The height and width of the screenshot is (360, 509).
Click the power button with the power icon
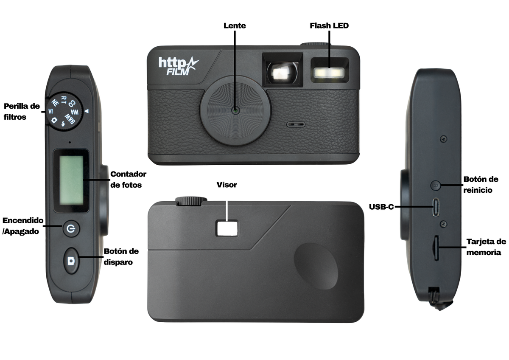coord(71,228)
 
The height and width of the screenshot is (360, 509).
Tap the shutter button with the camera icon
coord(71,261)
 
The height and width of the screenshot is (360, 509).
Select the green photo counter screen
coord(71,180)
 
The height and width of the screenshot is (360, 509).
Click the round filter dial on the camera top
coord(64,111)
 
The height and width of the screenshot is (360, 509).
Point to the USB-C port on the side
coord(436,207)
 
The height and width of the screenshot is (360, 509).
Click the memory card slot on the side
coord(436,248)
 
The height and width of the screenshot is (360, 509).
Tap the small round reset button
coord(436,185)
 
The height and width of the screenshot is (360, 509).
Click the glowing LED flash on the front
coord(329,73)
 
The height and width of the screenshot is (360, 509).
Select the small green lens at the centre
coord(235,111)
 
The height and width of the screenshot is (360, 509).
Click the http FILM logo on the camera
coord(179,66)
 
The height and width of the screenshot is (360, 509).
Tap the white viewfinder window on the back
coord(227,228)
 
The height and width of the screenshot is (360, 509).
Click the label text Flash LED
coord(329,26)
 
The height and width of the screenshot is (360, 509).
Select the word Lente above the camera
coord(235,26)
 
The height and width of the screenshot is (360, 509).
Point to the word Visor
coord(227,185)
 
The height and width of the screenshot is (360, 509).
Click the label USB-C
coord(381,207)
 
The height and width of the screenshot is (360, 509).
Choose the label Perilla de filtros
coord(22,111)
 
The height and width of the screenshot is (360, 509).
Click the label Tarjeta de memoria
coord(486,247)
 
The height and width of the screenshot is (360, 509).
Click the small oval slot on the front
coord(296,124)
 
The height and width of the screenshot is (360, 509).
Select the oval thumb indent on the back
coord(316,266)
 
